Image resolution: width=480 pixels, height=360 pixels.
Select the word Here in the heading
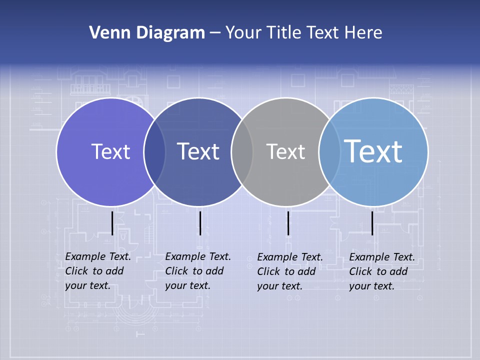pos(363,33)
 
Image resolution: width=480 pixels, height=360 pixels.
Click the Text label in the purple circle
pos(110,151)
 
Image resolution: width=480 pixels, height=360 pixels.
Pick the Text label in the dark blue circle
pos(198,151)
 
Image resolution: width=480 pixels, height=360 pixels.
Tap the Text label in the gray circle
pos(285,151)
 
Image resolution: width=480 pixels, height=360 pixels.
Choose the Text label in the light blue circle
pos(373,151)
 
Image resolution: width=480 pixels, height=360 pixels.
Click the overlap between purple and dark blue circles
pos(154,152)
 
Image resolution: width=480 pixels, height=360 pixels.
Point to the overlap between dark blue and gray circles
pos(242,152)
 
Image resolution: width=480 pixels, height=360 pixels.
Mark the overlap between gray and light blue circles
pos(329,152)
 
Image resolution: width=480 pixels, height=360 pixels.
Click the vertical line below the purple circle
pos(112,223)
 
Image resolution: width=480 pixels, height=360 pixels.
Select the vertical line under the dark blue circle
pos(200,223)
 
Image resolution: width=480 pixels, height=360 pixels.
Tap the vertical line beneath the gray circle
pos(288,223)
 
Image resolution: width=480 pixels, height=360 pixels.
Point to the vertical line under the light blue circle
pos(372,223)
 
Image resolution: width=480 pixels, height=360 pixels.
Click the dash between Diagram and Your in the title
pos(215,33)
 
